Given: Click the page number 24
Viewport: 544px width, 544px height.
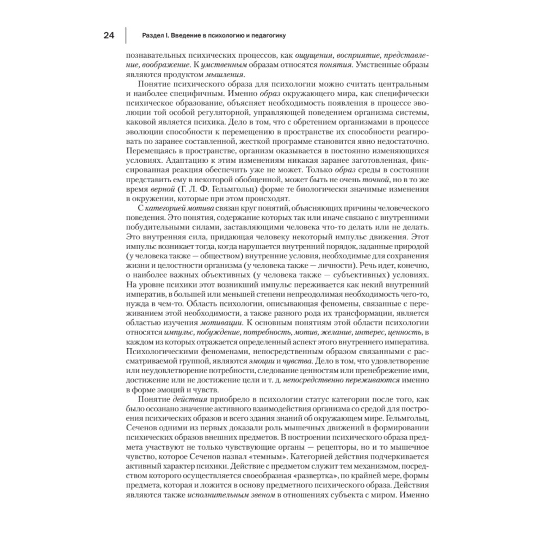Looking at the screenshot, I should pos(108,36).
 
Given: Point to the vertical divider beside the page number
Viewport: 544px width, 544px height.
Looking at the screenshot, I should pos(126,36).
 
